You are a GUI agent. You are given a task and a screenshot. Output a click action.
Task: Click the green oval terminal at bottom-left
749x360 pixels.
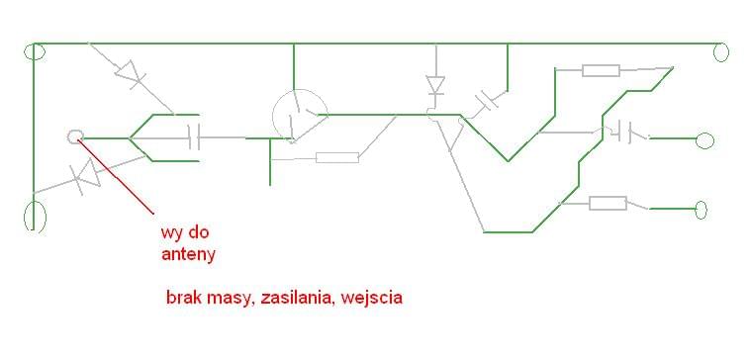[35, 215]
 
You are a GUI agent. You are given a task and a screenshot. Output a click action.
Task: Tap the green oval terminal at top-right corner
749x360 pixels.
[720, 50]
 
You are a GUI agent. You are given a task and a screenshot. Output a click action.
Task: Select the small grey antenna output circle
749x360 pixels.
[74, 136]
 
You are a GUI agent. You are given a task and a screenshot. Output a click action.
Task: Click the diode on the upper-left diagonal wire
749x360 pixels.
[129, 73]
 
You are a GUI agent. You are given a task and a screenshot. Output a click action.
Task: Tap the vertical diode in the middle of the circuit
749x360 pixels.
[434, 85]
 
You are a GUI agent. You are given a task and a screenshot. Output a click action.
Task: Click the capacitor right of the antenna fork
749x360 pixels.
[194, 137]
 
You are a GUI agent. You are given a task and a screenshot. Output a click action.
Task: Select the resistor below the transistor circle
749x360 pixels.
[336, 156]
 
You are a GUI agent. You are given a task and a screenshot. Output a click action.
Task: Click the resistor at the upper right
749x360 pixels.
[601, 70]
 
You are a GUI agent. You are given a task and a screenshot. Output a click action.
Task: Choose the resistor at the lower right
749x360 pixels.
[608, 203]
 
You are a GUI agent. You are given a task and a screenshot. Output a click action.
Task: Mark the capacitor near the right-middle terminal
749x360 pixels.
[623, 132]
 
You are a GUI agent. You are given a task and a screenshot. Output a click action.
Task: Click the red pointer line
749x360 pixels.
[117, 177]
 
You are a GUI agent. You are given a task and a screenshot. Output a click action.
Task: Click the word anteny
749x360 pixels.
[188, 254]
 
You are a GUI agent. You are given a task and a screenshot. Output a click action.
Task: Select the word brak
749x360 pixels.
[185, 297]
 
